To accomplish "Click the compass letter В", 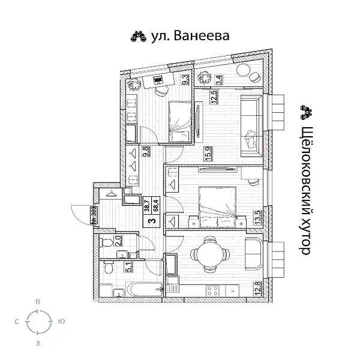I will tap(38, 302).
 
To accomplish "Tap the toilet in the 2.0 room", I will tap(106, 243).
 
